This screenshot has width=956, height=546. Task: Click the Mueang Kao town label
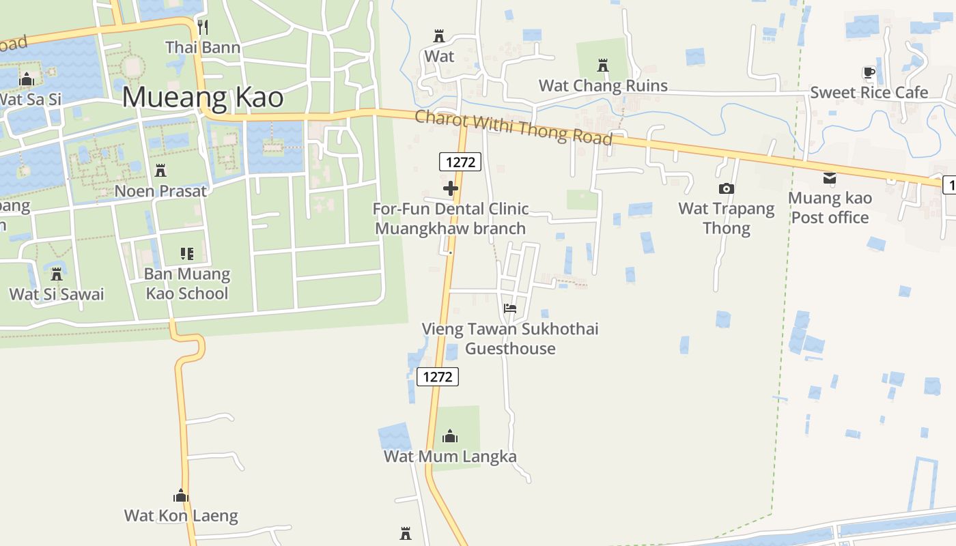coord(202,98)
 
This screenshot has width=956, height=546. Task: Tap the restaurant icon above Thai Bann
coord(202,27)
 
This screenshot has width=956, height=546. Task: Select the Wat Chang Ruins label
coord(603,86)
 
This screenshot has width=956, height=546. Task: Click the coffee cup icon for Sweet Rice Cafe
coord(869,72)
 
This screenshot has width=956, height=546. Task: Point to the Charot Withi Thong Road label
coord(514,128)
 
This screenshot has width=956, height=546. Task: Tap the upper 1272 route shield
coord(460,162)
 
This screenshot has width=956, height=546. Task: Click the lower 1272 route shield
coord(437,377)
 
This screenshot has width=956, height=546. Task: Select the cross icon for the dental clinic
coord(451,188)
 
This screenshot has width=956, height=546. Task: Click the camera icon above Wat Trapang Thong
coord(726,188)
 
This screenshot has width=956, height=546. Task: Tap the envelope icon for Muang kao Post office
coord(830,178)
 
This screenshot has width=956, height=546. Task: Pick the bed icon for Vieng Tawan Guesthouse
coord(509,308)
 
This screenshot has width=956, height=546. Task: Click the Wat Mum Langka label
coord(450,457)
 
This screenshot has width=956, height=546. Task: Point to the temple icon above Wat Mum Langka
coord(450,436)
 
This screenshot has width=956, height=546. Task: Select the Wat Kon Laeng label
coord(181,516)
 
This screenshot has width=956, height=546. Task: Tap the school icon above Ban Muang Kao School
coord(187,254)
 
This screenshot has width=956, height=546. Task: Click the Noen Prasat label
coord(160,191)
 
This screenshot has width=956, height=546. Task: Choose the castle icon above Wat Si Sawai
coord(57,274)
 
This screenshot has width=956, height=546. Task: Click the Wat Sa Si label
coord(30,100)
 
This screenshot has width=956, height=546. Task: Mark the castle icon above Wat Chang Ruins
coord(603,66)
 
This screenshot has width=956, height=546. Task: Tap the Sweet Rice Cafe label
coord(869,93)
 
